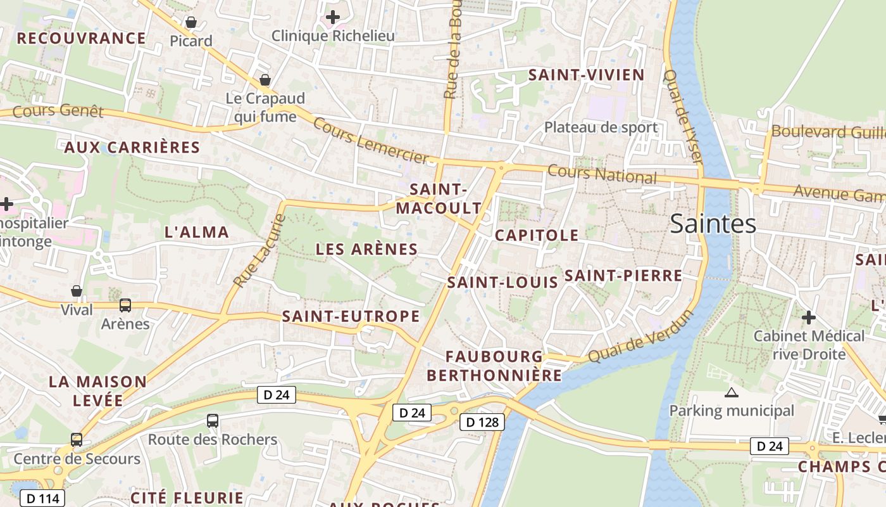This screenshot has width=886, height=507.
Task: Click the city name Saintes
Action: tap(713, 224)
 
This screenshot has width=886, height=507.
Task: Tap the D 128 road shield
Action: tap(482, 422)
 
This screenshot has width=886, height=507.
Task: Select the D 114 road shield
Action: tap(43, 498)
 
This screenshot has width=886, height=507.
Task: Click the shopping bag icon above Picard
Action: tap(190, 23)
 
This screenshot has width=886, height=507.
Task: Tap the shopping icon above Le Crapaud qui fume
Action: tap(265, 80)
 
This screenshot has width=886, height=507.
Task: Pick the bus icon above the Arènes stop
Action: tap(125, 305)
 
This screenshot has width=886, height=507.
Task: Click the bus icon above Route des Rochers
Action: tap(213, 420)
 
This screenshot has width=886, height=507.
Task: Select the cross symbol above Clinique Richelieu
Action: tap(333, 17)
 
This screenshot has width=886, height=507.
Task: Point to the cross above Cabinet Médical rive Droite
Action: tap(808, 317)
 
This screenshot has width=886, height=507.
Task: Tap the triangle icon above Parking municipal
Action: tap(732, 393)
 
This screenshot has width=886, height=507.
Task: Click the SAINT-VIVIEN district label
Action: tap(586, 75)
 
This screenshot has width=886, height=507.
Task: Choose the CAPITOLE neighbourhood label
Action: tap(537, 235)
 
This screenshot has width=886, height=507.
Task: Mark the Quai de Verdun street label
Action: tap(640, 337)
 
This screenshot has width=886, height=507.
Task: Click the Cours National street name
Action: tap(602, 174)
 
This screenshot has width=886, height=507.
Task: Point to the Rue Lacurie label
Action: tap(259, 251)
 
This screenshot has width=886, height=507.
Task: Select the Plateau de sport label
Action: tap(601, 127)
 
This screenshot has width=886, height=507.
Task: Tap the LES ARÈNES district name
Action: tap(366, 249)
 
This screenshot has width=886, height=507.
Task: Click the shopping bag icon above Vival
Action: tap(77, 291)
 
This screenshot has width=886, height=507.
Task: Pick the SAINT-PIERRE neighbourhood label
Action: tap(623, 276)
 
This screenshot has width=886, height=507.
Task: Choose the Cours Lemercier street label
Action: tap(371, 141)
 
